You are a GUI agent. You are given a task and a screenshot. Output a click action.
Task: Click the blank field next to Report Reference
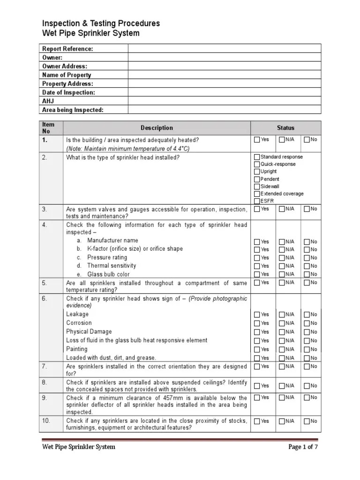click(225, 49)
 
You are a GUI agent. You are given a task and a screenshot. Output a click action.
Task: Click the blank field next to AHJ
click(225, 101)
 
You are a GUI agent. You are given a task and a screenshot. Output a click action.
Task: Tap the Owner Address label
click(65, 66)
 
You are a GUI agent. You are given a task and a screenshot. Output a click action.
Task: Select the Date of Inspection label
click(68, 92)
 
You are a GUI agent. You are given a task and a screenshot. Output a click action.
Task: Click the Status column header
click(285, 127)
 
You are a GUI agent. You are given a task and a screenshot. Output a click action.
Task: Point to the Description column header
click(157, 127)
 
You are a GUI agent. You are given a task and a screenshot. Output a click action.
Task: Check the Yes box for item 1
click(257, 140)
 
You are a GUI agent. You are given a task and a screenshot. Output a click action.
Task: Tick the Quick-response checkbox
click(257, 165)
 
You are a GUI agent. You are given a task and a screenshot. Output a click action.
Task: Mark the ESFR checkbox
click(257, 201)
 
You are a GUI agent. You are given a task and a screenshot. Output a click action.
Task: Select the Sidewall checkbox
click(257, 187)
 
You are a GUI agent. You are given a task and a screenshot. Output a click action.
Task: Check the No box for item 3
click(307, 209)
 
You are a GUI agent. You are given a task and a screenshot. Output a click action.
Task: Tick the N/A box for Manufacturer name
click(282, 242)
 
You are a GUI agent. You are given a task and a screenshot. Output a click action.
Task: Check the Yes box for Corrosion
click(257, 323)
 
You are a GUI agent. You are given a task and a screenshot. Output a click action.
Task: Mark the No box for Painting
click(307, 350)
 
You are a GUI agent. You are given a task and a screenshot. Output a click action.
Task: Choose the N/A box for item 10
click(282, 421)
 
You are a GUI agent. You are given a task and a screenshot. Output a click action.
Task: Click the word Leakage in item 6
click(77, 314)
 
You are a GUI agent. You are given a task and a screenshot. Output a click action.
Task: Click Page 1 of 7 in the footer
click(303, 447)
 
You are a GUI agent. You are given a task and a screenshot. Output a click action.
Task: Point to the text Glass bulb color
click(108, 274)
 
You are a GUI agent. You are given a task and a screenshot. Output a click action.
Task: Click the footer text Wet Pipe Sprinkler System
click(78, 447)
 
